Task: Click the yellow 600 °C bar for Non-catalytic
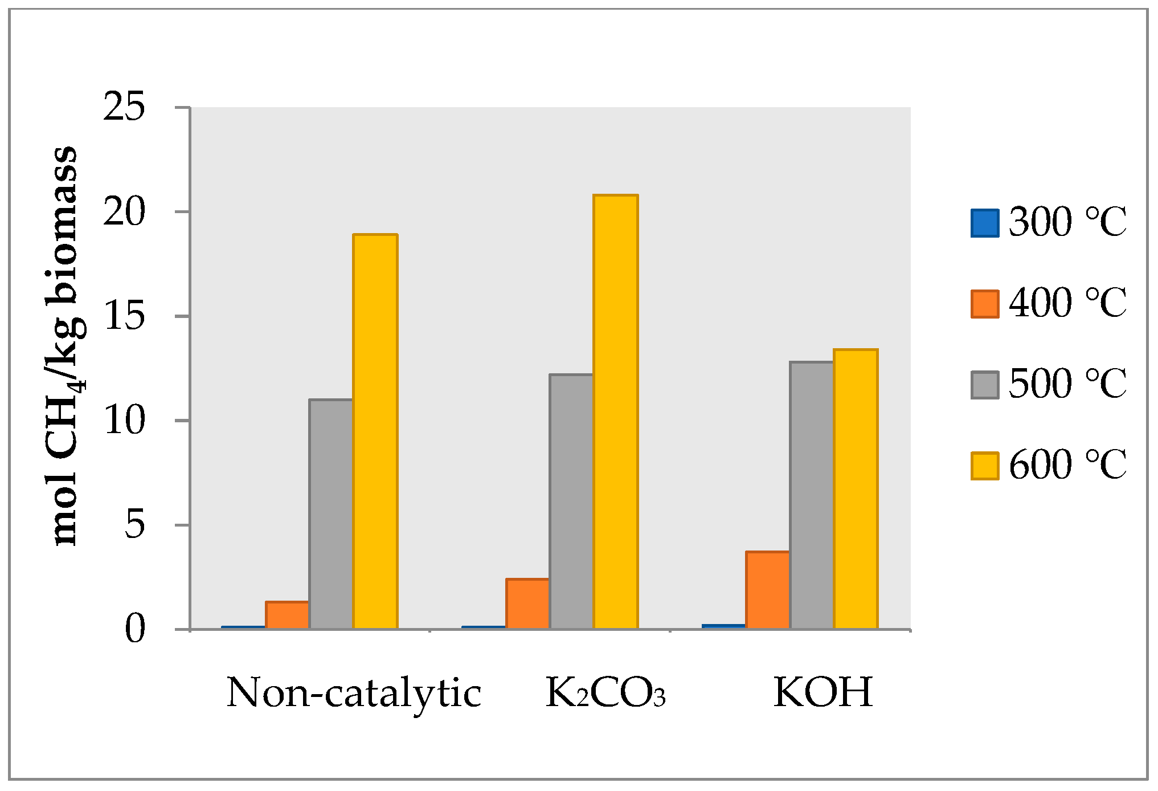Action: coord(375,431)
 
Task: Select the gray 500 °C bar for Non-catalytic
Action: coord(331,514)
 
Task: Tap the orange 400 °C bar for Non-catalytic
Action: coord(287,615)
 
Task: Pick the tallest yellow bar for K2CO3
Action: coord(615,411)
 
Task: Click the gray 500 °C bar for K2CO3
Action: coord(571,501)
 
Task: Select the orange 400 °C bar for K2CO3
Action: coord(527,604)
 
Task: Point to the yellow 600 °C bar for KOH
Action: coord(856,489)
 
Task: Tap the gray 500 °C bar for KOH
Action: coord(812,495)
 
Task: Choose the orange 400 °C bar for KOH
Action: coord(768,590)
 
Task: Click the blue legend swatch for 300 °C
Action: coord(985,223)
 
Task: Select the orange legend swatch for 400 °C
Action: coord(985,304)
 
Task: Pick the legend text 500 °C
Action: coord(1067,384)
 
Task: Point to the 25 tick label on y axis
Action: coord(124,107)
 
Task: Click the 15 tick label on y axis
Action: coord(124,316)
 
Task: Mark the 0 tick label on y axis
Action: coord(135,630)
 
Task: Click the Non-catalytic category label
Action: coord(354,694)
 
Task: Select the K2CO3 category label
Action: coord(605,694)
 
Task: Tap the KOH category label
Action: coord(823,692)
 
